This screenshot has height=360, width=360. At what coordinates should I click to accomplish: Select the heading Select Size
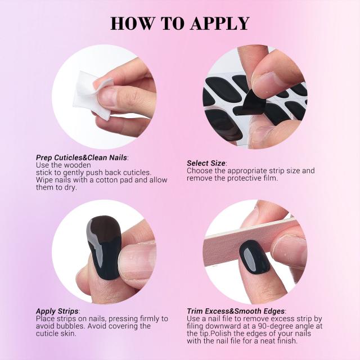[x=206, y=163]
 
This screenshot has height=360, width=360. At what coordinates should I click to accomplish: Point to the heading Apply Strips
[x=57, y=311]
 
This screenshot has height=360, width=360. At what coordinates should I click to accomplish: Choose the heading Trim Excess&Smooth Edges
[x=236, y=311]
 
